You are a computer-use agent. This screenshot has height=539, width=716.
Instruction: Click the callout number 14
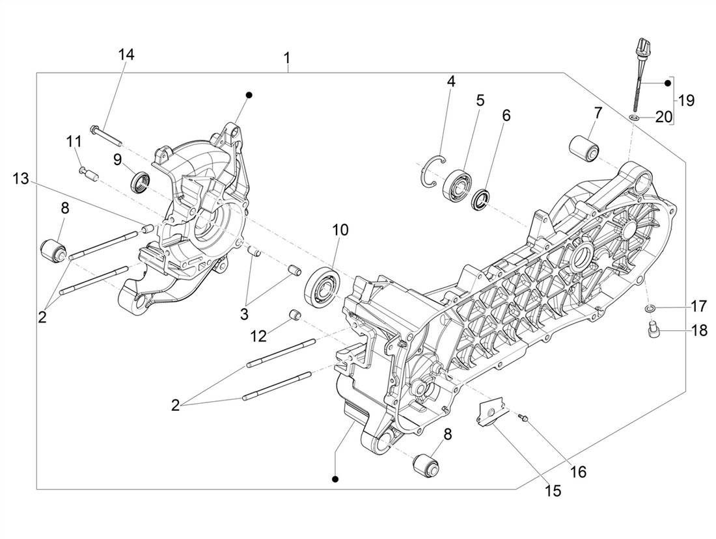click(126, 55)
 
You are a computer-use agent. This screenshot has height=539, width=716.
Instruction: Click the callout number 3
click(244, 314)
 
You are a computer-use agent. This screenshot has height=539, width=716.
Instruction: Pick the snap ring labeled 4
click(432, 172)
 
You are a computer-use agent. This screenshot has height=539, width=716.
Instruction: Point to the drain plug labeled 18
click(652, 333)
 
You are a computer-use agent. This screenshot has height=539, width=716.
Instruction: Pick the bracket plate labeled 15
click(489, 414)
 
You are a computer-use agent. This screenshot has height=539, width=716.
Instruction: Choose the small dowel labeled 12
click(295, 317)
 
